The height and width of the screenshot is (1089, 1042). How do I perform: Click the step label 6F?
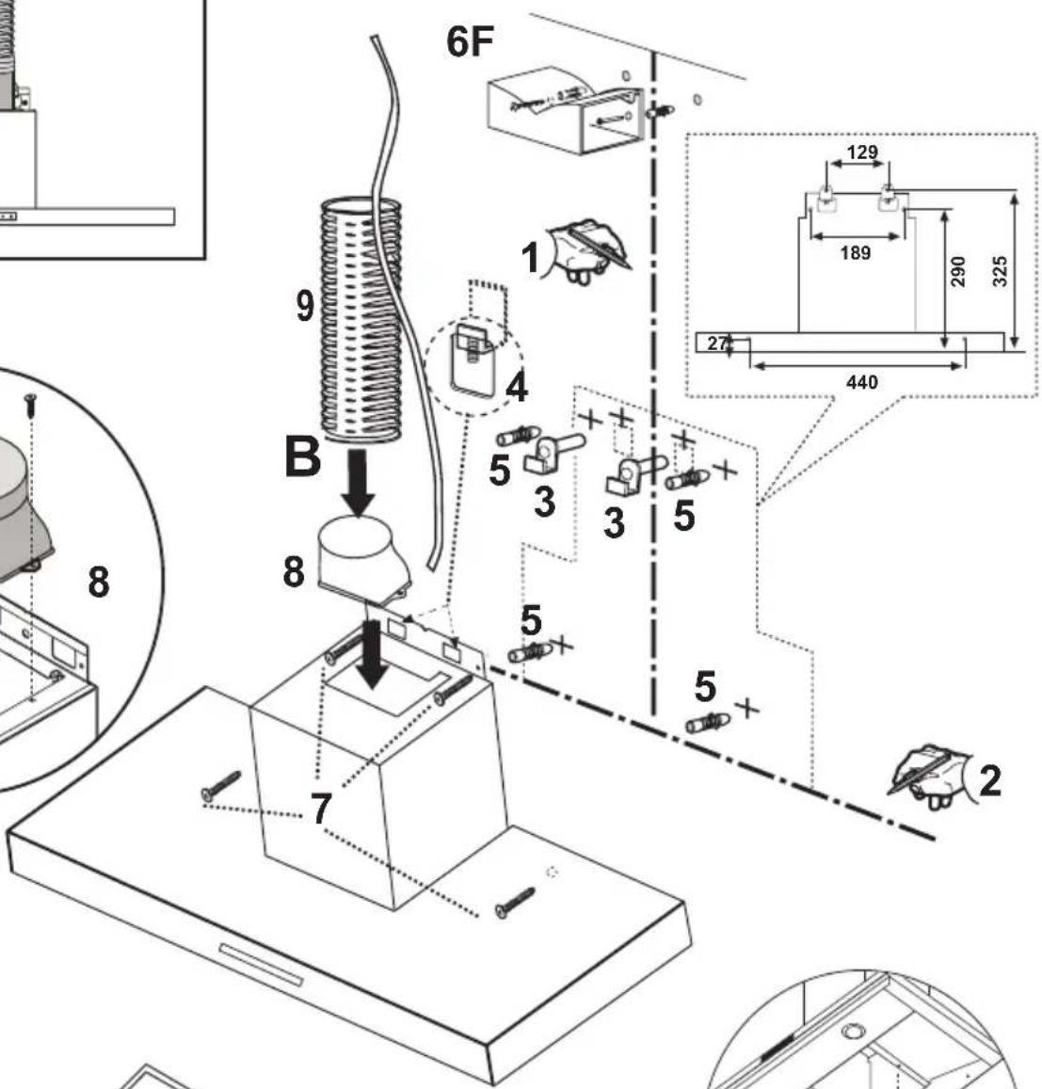[470, 41]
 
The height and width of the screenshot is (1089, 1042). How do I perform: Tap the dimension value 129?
[862, 152]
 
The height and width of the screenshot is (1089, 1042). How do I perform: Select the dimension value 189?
[855, 252]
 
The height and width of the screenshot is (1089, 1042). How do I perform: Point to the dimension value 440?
[861, 382]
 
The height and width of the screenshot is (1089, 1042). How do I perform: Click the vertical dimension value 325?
[1000, 271]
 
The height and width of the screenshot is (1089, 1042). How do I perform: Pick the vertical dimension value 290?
[957, 271]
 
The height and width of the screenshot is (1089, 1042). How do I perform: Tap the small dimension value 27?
[717, 343]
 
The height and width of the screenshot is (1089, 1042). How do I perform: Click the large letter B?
[303, 456]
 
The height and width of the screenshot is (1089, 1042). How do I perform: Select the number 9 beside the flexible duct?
[305, 306]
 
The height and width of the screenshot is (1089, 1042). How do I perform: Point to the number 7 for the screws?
[320, 809]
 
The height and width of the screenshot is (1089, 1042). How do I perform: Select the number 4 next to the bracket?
[516, 387]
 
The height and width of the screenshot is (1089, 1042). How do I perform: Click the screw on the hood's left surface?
[221, 786]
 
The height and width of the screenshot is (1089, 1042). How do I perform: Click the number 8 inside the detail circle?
[99, 582]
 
